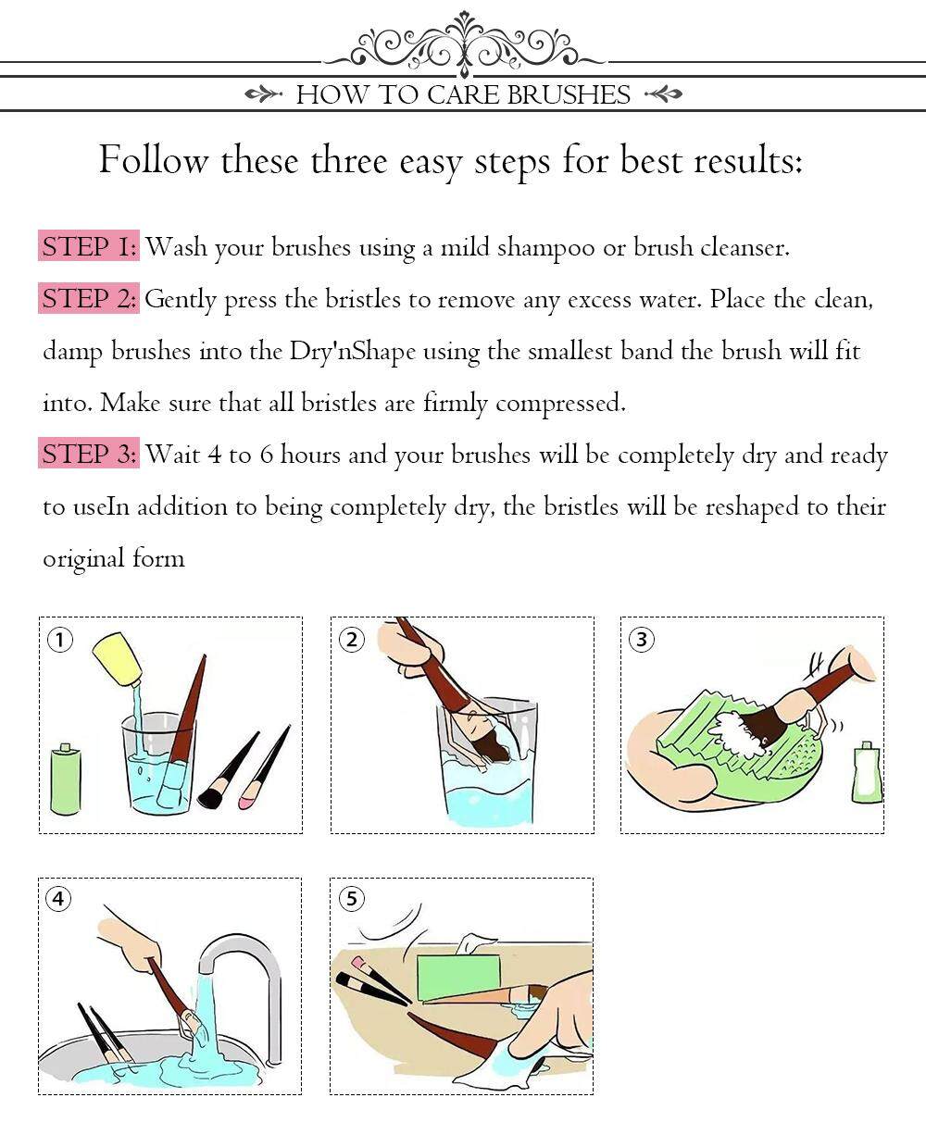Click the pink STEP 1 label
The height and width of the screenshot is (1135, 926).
[89, 246]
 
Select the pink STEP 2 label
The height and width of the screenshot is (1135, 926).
[89, 298]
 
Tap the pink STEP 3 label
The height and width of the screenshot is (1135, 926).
[89, 453]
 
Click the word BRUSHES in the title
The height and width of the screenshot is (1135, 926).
[569, 94]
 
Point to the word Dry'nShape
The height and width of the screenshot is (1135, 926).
[353, 352]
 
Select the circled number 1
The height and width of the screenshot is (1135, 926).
[60, 640]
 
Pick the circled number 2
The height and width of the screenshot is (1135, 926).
[352, 640]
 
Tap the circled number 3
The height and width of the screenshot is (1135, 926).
[641, 640]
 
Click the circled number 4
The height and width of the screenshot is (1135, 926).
[58, 899]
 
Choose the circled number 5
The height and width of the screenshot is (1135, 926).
[351, 899]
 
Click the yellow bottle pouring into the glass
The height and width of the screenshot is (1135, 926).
[118, 660]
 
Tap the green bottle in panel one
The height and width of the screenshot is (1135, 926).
[65, 778]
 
